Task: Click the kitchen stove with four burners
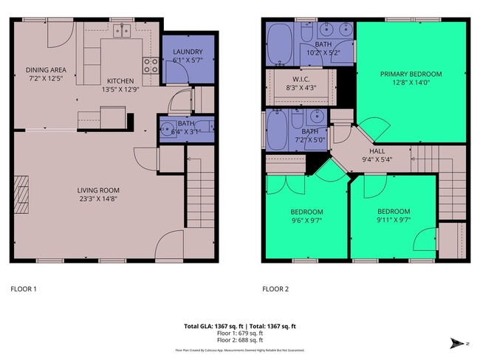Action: [151, 64]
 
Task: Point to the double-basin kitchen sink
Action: [122, 31]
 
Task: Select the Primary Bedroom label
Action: [411, 74]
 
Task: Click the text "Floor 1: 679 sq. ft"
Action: [239, 332]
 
